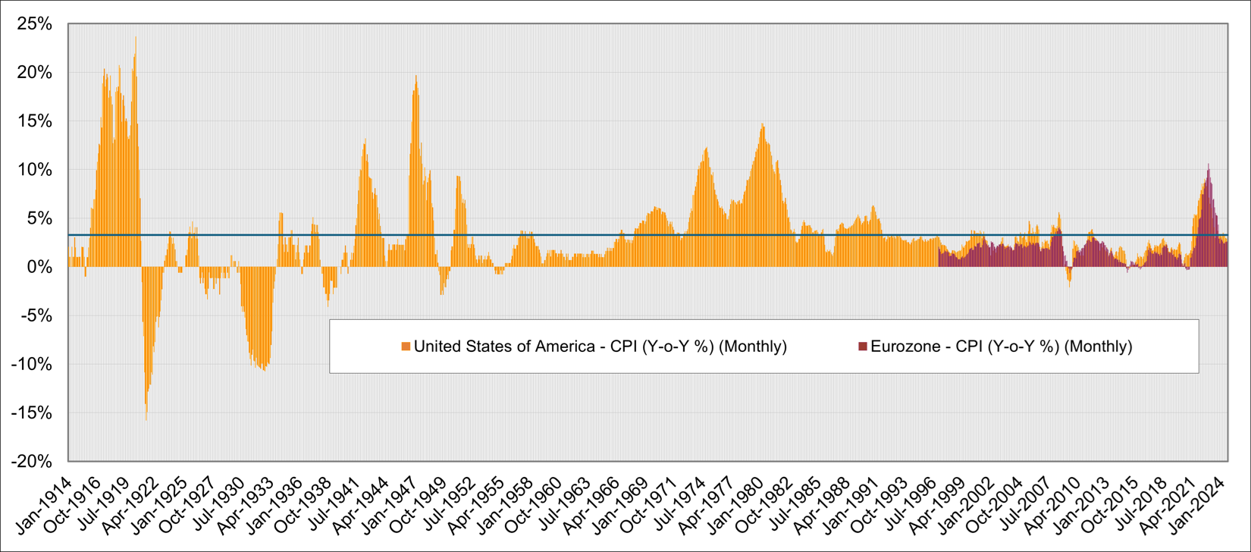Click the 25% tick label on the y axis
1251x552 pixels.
[x=35, y=24]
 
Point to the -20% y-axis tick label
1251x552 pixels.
[x=32, y=461]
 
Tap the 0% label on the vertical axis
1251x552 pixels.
[x=39, y=267]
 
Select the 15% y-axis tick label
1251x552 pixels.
[x=35, y=121]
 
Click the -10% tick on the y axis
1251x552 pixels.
[x=32, y=364]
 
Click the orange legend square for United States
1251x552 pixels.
[x=406, y=347]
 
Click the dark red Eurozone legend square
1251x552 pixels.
[x=862, y=347]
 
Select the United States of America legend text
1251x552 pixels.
[x=504, y=347]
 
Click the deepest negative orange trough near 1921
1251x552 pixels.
[x=146, y=419]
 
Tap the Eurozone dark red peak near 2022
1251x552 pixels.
[x=1209, y=165]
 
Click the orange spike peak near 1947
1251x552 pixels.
[x=415, y=77]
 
